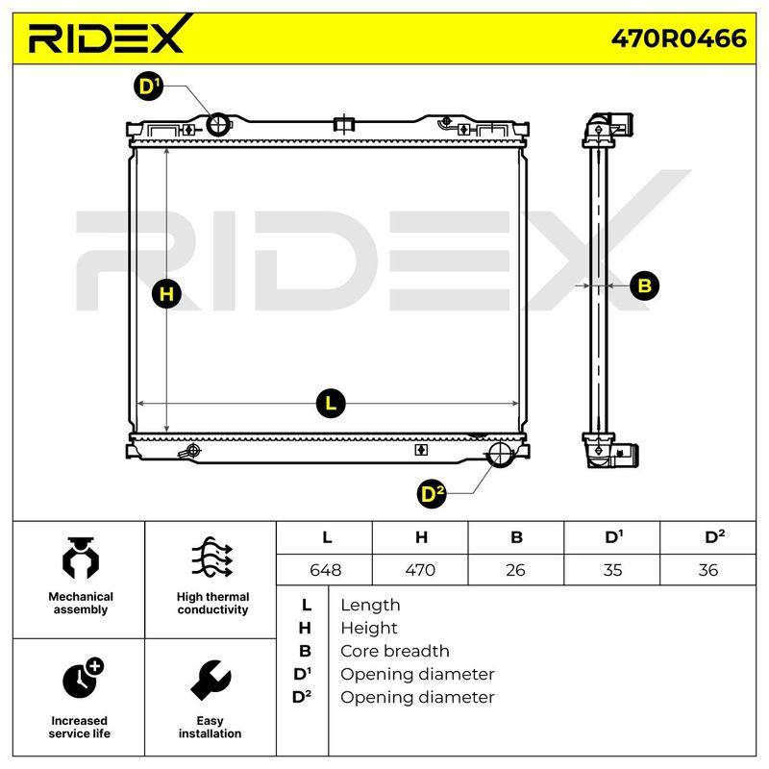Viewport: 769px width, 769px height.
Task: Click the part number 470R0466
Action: pos(679,38)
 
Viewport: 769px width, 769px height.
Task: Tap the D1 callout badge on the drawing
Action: pos(148,87)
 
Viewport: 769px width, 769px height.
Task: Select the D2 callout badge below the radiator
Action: pos(431,494)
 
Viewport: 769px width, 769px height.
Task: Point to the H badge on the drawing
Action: pos(166,294)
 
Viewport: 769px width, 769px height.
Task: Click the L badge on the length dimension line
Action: pos(331,403)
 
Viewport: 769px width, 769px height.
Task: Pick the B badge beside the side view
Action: pos(644,285)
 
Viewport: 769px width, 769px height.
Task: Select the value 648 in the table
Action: pos(325,570)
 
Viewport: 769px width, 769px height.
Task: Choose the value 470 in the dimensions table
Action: pos(420,570)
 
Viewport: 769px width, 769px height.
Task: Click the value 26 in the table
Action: pos(515,570)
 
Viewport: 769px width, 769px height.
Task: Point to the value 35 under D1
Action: pos(612,570)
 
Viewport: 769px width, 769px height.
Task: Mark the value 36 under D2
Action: pos(708,570)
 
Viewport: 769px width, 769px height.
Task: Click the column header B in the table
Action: pos(516,537)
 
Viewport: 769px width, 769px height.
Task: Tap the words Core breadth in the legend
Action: pos(395,651)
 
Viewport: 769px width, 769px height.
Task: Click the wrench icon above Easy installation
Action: pos(211,680)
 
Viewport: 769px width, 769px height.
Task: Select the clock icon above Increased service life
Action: pos(83,678)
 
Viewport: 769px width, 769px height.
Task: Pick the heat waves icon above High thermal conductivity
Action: pos(211,558)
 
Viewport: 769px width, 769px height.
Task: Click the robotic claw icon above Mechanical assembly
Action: pos(81,558)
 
